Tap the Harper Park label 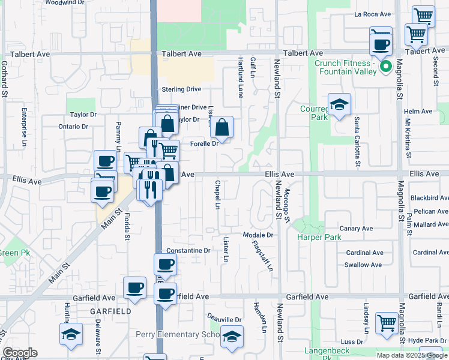[x=319, y=238]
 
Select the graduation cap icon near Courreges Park [x=339, y=105]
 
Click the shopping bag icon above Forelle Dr [x=222, y=127]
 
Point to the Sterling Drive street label [x=181, y=89]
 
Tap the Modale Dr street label [x=258, y=235]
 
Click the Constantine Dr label [x=188, y=250]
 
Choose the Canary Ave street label [x=357, y=229]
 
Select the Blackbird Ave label [x=429, y=197]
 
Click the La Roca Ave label [x=373, y=14]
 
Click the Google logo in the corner [x=20, y=353]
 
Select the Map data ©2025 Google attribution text [x=411, y=355]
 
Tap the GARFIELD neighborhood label [x=110, y=312]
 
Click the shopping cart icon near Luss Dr [x=387, y=323]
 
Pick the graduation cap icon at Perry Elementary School [x=232, y=337]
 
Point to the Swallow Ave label [x=363, y=265]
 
